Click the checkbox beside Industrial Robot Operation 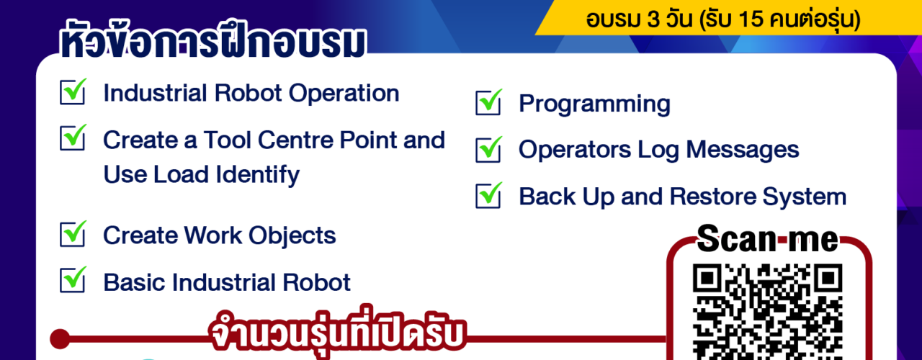point(73,91)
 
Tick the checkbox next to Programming point(488,102)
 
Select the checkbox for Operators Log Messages point(488,149)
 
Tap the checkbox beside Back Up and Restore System point(488,195)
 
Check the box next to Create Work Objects point(73,234)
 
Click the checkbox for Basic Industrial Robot point(73,280)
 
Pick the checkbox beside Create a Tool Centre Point point(73,138)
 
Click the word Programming point(594,104)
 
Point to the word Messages point(743,149)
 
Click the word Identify point(258,175)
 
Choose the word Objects point(292,235)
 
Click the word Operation point(344,94)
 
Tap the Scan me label point(768,238)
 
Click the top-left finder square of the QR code point(707,279)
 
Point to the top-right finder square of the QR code point(828,279)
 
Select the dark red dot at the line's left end point(60,339)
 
